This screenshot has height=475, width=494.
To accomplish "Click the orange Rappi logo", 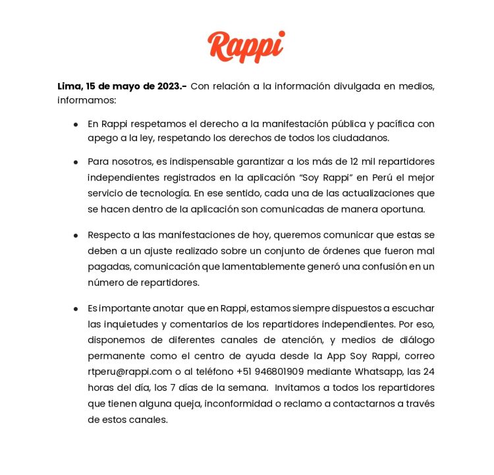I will pos(246,46).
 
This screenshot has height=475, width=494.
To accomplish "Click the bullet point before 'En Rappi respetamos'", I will pos(76,124).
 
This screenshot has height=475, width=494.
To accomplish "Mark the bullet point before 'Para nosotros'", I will pos(76,161).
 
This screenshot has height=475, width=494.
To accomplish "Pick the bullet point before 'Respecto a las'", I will pos(76,235).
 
